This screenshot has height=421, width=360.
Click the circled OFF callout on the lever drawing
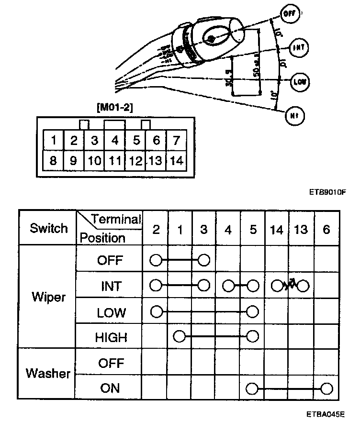click(x=289, y=14)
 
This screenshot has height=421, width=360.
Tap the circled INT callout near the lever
click(x=300, y=47)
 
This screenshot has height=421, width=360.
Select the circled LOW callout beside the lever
click(x=299, y=82)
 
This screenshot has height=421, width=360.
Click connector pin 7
click(x=177, y=141)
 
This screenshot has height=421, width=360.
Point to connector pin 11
click(x=115, y=161)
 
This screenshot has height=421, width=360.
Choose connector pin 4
click(x=115, y=141)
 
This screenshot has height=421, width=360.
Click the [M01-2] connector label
click(x=115, y=108)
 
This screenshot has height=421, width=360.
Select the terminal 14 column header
click(x=276, y=229)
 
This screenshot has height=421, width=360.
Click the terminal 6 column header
click(x=326, y=229)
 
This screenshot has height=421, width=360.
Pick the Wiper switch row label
click(x=48, y=298)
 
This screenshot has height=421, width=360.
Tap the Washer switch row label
click(x=48, y=374)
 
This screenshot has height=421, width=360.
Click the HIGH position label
click(x=111, y=338)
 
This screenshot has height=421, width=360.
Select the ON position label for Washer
click(x=110, y=388)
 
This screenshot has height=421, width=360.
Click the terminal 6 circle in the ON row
click(x=326, y=388)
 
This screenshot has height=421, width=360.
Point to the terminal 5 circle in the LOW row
click(x=253, y=311)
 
